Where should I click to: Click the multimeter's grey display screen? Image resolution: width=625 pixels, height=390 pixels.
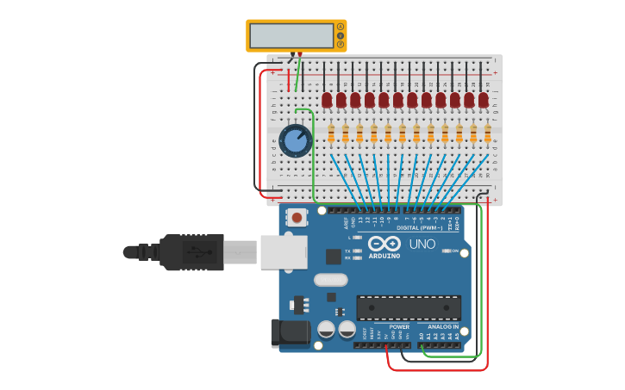point(291,36)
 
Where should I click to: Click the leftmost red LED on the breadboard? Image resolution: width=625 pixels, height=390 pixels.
point(327,100)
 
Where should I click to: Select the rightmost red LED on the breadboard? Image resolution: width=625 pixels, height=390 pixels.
point(484,100)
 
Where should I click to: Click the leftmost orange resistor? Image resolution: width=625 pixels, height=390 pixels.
point(331,133)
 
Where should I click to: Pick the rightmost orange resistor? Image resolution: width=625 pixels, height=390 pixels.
point(487,133)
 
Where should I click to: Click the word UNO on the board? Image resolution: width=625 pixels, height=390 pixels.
point(422,245)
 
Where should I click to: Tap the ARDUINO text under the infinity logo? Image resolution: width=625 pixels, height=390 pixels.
point(384,256)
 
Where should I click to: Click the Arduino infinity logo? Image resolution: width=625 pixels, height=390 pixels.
point(384,243)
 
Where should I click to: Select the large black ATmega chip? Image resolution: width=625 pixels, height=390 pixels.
point(409,307)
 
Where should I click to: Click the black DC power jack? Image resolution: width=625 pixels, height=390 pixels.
point(289,333)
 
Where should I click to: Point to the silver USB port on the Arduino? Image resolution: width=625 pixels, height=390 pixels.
point(284,252)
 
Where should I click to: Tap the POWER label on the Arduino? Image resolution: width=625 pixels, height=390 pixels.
point(399,327)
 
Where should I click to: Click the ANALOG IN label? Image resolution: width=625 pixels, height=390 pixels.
point(444,327)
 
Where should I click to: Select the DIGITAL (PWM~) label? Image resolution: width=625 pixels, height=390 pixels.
point(420,228)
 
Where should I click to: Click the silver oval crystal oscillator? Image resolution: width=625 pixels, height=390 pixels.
point(330,280)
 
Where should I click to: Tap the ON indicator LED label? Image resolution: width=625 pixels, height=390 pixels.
point(454,251)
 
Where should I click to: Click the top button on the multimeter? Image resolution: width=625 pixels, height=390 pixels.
point(341,27)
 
